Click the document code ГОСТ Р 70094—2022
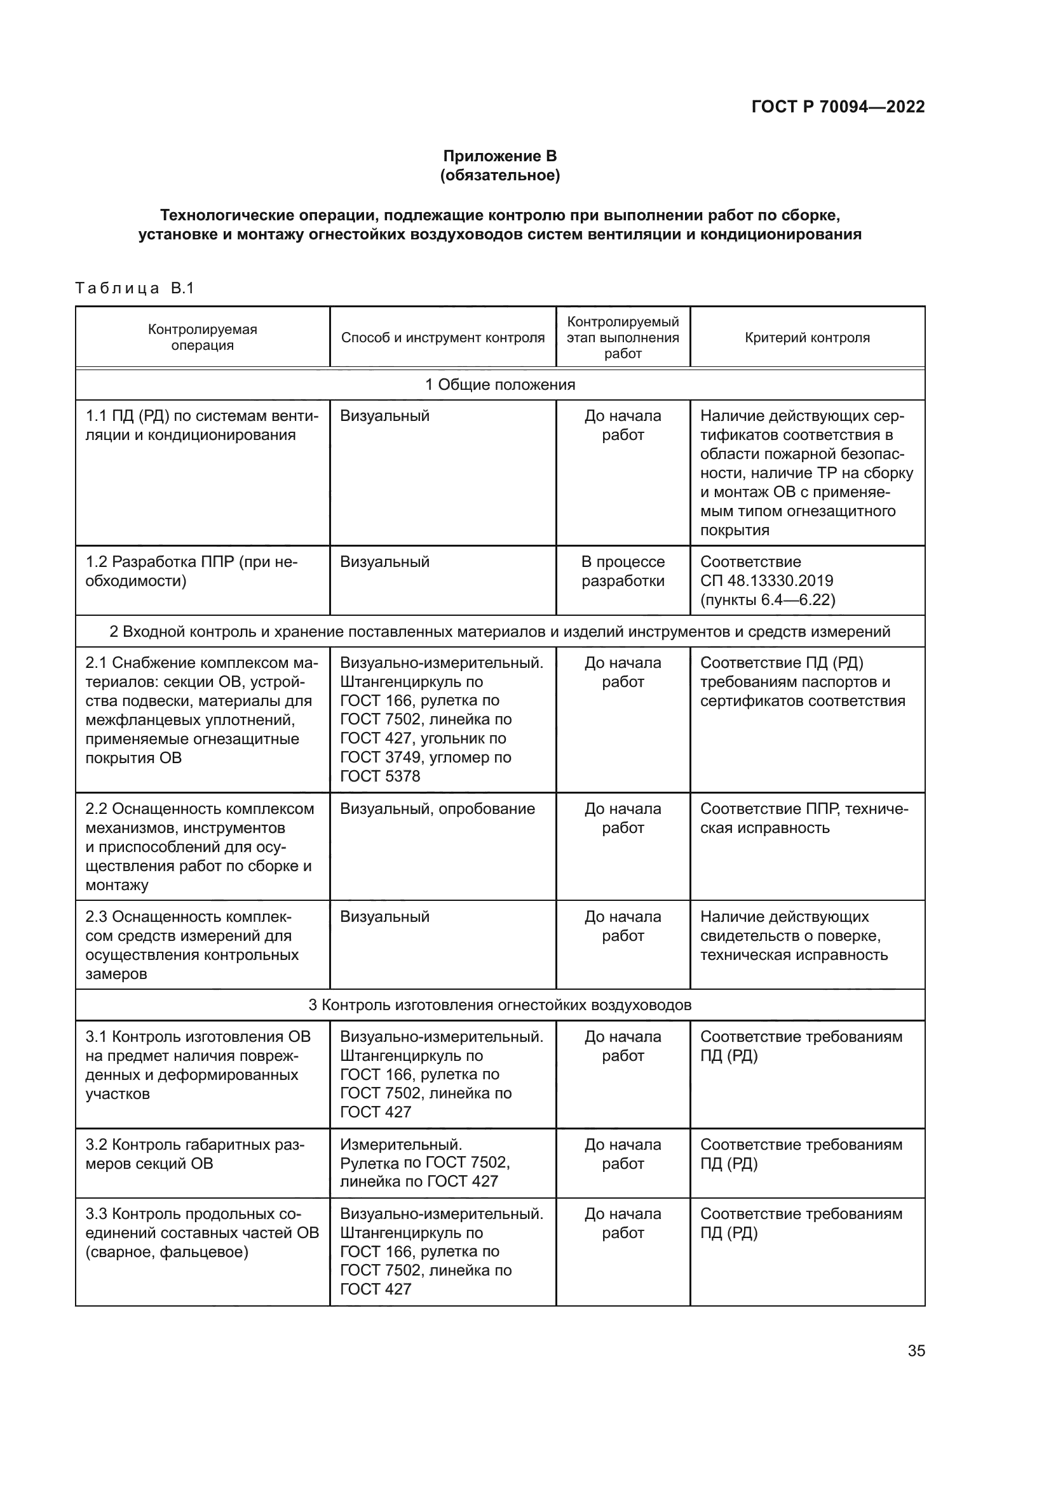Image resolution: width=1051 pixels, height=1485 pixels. point(837,107)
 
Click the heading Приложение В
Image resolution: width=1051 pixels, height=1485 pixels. point(499,156)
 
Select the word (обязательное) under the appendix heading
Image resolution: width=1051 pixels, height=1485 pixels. point(499,175)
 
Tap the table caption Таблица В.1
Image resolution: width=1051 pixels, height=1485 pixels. point(135,288)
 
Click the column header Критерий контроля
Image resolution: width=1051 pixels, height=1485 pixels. point(807,338)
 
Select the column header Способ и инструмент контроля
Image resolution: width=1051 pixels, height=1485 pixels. point(443,338)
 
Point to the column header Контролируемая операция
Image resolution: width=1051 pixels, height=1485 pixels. point(203,337)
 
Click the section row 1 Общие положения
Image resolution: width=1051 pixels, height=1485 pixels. point(499,385)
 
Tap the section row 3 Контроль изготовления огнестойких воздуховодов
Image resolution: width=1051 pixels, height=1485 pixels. point(499,1005)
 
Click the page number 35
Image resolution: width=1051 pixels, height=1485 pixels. point(916,1350)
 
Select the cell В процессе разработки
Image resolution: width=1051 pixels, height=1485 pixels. point(623,571)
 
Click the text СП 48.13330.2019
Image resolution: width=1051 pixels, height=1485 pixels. point(766,581)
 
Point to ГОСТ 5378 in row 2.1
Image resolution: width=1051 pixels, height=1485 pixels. point(380,776)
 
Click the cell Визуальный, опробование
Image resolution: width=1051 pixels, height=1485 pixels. point(437,809)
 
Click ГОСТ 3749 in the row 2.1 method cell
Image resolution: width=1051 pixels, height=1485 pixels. point(380,757)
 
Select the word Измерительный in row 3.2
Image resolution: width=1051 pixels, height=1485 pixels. point(400,1145)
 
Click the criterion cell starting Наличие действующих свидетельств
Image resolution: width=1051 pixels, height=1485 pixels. point(794,935)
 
